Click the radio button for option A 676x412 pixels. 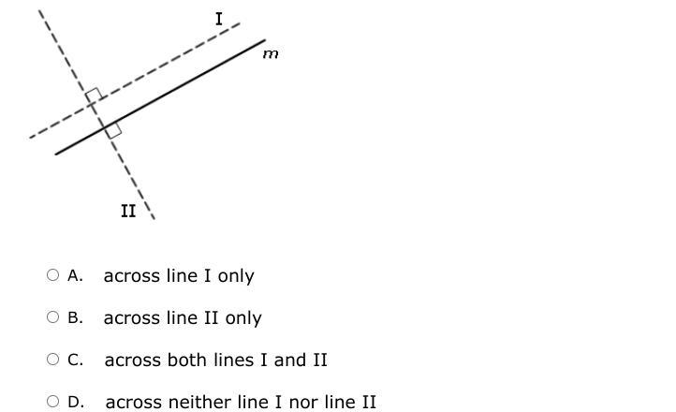(x=52, y=275)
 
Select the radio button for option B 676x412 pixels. (x=52, y=317)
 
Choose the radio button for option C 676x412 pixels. (x=52, y=360)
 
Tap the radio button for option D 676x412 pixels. (x=52, y=402)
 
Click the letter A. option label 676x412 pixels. (x=76, y=275)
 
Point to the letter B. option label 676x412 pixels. (x=76, y=317)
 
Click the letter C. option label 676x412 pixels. (x=76, y=360)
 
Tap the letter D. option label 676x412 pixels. (x=76, y=402)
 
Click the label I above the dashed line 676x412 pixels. (x=219, y=19)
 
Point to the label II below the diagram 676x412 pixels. (x=128, y=212)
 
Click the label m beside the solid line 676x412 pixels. (x=271, y=54)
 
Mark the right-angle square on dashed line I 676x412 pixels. (x=94, y=96)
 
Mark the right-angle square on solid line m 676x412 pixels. (x=113, y=130)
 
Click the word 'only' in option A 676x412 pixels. (x=236, y=276)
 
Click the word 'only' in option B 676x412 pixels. (x=243, y=318)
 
